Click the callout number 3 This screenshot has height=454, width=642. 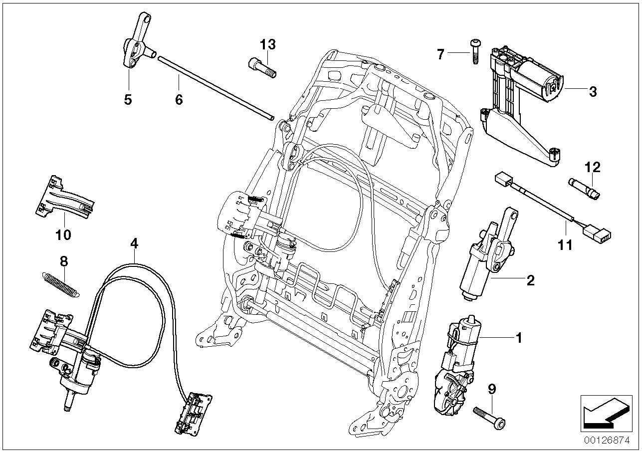point(593,91)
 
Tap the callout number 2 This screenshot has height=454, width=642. point(530,280)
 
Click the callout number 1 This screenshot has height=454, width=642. point(518,338)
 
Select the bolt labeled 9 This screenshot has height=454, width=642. point(484,414)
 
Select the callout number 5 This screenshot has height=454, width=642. point(128,99)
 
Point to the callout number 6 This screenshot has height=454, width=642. point(179,99)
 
